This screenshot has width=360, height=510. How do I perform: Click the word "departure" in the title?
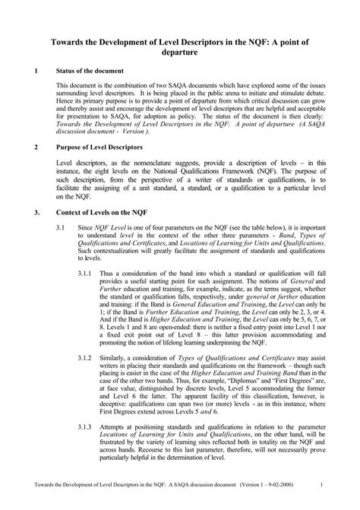tap(179, 54)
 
